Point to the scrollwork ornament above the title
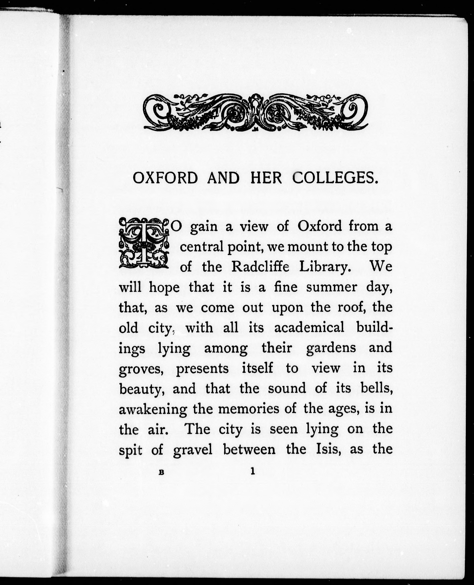tap(256, 112)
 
